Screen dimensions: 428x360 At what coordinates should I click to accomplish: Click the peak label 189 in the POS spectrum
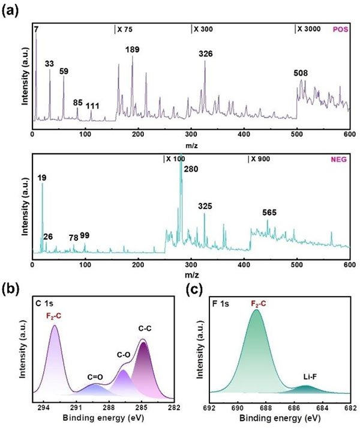(x=132, y=49)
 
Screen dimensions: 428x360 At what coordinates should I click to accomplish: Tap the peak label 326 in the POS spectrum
(x=206, y=54)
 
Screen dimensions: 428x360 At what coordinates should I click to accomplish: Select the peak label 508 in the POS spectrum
(x=302, y=73)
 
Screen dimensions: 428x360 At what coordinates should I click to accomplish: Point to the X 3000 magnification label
(x=310, y=29)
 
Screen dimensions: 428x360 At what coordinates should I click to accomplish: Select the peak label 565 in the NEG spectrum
(x=271, y=212)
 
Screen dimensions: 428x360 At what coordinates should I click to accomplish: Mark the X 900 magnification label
(x=262, y=159)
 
